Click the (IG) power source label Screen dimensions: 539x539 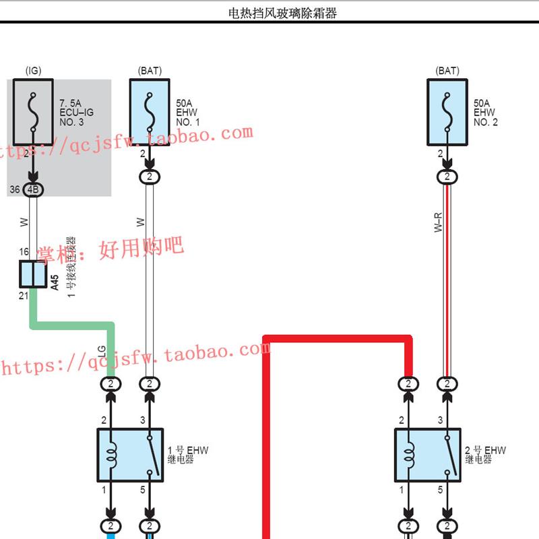(x=33, y=71)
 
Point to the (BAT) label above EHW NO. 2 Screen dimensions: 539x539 (x=447, y=71)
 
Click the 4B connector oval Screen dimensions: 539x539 (x=33, y=190)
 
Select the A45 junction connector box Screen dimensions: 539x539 (x=31, y=274)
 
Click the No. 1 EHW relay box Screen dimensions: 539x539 (x=130, y=455)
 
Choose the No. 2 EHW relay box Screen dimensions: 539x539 (x=427, y=455)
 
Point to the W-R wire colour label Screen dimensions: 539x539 (x=438, y=222)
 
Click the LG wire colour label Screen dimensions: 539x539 (x=102, y=352)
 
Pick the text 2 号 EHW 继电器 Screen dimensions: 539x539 (x=484, y=454)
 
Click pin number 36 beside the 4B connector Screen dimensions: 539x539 (x=15, y=190)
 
